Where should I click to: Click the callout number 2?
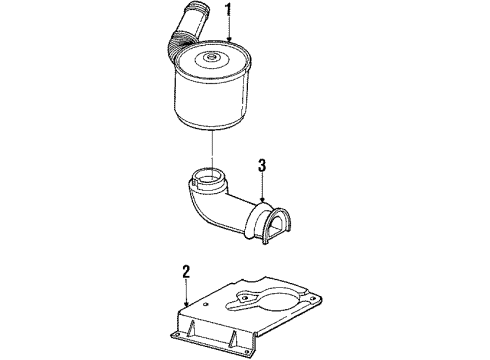click(x=186, y=270)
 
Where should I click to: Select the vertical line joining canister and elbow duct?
click(x=214, y=155)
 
